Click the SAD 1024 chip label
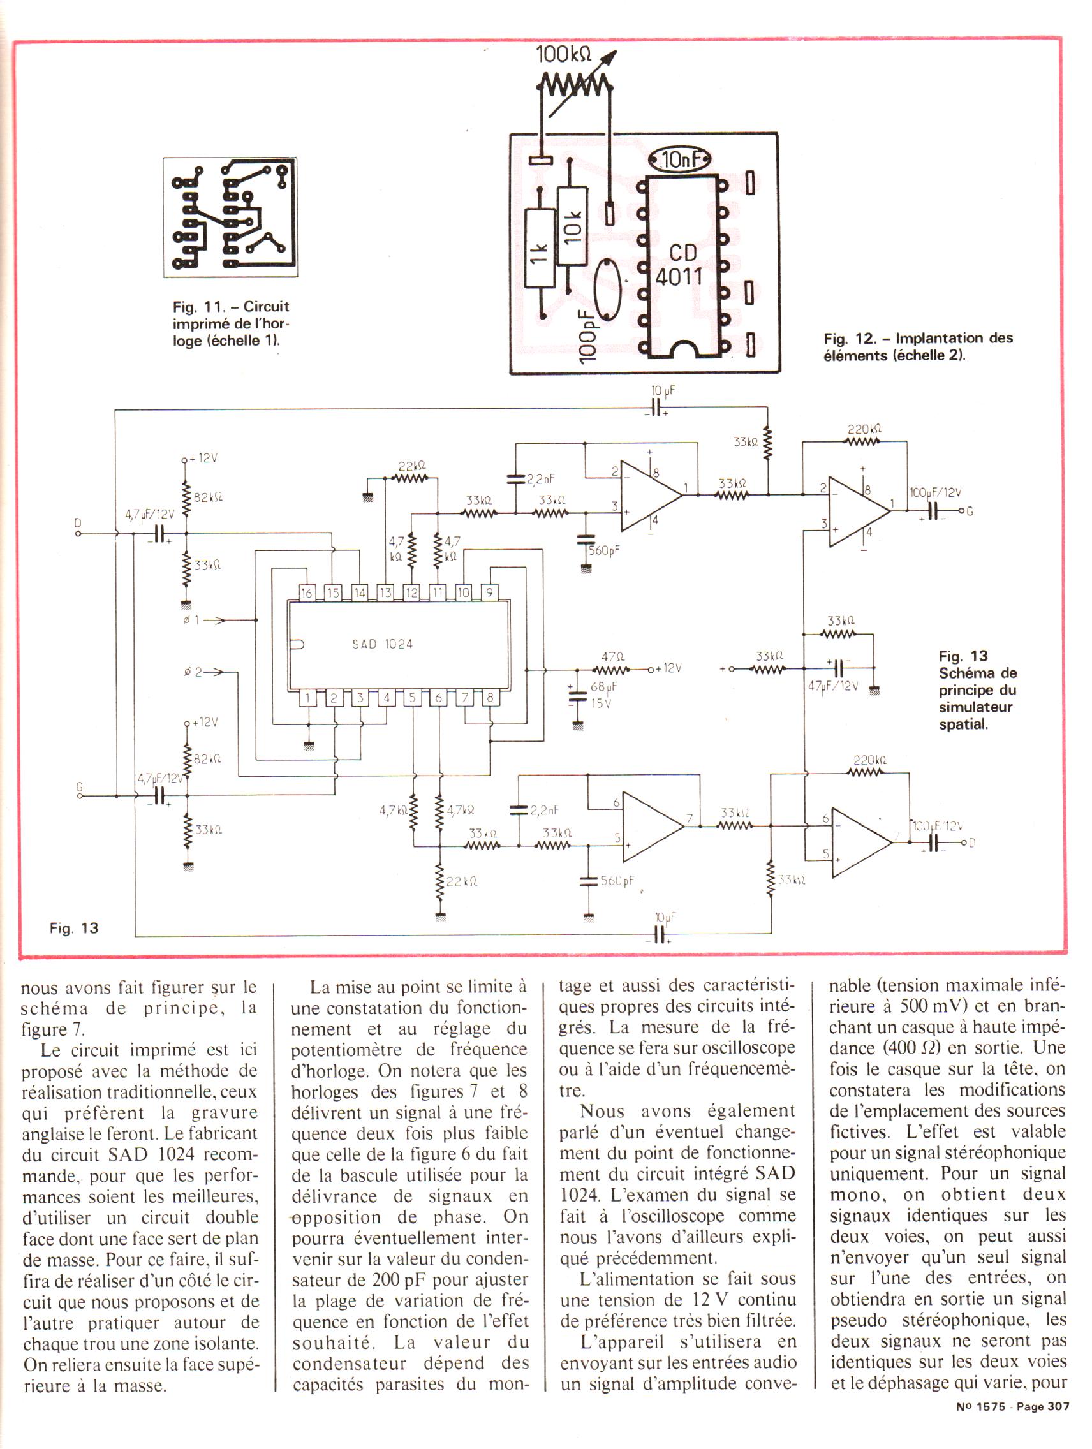pos(383,644)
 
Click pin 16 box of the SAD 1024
pos(307,594)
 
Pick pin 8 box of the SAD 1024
pos(489,698)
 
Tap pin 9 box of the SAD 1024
pos(489,594)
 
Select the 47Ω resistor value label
pos(612,656)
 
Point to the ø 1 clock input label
pos(191,619)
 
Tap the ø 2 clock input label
pos(193,672)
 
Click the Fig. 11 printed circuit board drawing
pos(230,217)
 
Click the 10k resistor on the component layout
pos(572,226)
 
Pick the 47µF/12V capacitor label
pos(832,686)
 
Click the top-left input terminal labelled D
pos(78,534)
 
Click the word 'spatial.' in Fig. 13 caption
pos(963,724)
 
